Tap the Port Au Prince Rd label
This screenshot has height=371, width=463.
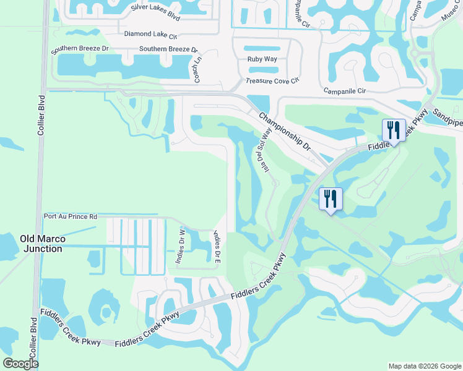71,217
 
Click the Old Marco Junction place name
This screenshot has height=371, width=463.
41,244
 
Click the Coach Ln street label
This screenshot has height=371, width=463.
199,70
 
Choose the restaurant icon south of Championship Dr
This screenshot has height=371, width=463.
331,199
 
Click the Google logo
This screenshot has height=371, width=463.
20,364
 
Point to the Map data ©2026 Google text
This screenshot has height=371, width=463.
424,366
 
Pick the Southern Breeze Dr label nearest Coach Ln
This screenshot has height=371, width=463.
168,49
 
